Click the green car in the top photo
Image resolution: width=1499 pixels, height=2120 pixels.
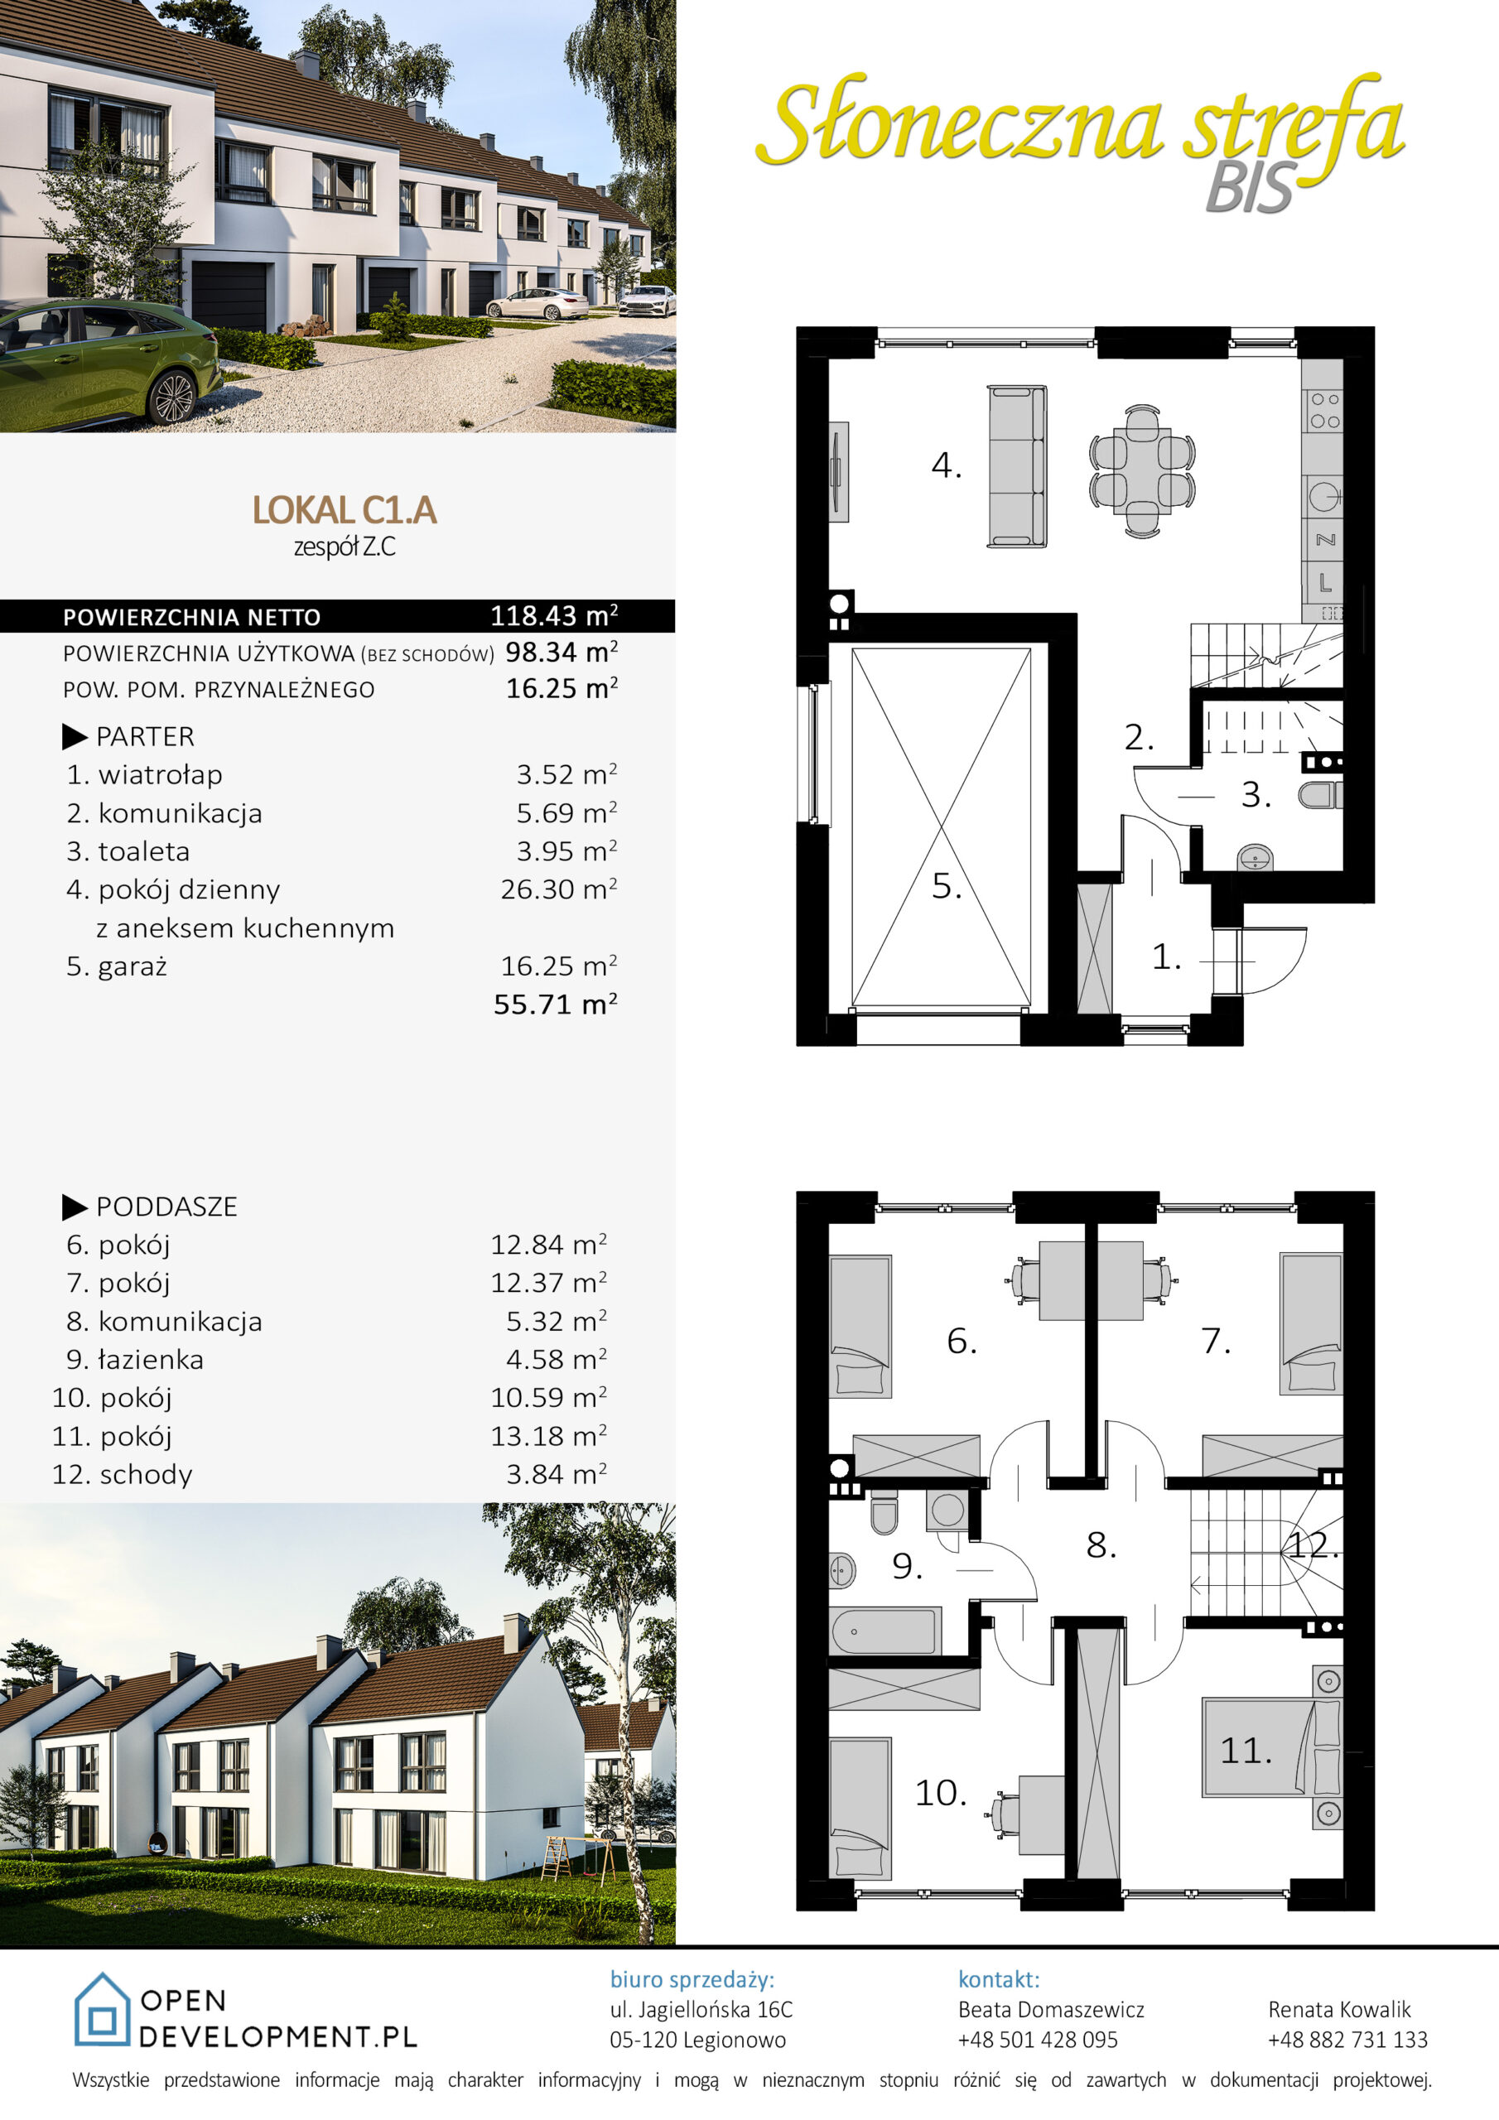[106, 364]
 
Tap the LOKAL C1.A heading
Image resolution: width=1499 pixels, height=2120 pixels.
[344, 509]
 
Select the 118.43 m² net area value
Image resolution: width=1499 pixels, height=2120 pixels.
[553, 615]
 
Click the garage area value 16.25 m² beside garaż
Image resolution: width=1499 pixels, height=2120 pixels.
[559, 966]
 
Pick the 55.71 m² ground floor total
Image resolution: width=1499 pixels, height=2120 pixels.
[555, 1004]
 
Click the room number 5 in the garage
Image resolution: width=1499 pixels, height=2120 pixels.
[946, 886]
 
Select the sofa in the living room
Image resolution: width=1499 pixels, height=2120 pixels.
[1017, 467]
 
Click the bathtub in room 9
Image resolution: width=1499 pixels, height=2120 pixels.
[884, 1631]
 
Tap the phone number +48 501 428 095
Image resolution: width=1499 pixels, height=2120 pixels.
[1037, 2040]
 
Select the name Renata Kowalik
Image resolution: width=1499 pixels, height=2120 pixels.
[1339, 2009]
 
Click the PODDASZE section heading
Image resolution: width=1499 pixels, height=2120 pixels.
[166, 1207]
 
